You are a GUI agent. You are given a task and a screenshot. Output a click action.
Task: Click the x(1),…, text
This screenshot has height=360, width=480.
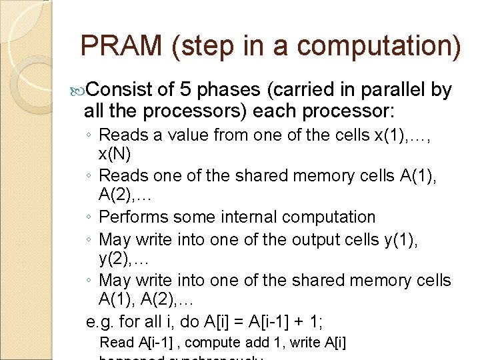[x=413, y=135]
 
